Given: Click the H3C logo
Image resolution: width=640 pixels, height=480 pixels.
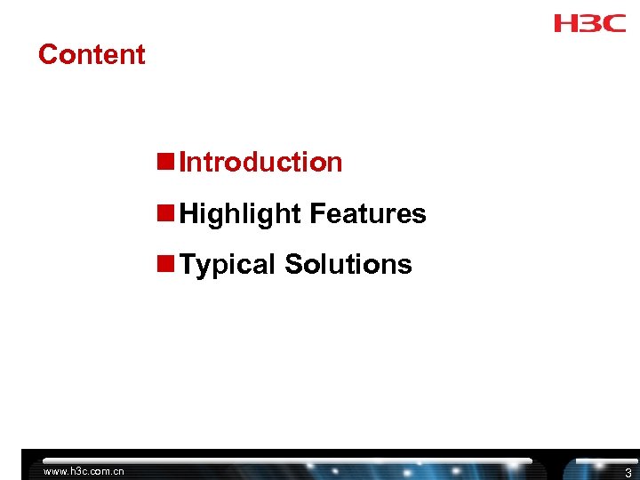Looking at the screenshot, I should pos(589,22).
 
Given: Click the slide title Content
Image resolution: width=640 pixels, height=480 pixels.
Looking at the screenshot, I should pos(92,54).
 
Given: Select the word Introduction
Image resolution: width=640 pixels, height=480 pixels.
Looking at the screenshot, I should pos(260,163).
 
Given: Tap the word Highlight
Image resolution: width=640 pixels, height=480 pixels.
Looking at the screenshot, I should pos(240,214).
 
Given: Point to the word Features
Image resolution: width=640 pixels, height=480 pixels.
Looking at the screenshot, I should pos(368,214).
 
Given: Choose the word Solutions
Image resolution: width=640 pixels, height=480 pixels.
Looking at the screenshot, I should pos(348,265).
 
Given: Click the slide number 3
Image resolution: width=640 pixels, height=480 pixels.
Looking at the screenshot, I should pos(628,473).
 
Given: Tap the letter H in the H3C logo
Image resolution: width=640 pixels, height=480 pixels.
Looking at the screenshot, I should pos(565,22).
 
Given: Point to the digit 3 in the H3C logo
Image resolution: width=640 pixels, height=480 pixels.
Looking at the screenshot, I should pos(589,22).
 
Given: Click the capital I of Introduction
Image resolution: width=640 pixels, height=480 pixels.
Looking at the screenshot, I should pos(182,163).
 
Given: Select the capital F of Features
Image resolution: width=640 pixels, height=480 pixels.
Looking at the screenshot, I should pos(316,214).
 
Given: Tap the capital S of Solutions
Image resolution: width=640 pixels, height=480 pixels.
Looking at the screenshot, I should pos(292,265).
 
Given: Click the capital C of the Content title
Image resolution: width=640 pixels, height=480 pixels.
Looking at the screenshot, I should pos(47,54).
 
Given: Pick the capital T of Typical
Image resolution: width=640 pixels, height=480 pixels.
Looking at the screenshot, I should pos(187,265).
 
